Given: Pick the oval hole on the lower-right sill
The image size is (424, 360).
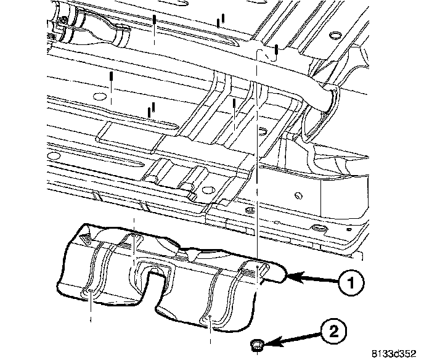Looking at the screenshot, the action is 321,229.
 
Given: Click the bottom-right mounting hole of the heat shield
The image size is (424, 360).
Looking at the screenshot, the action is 210,318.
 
